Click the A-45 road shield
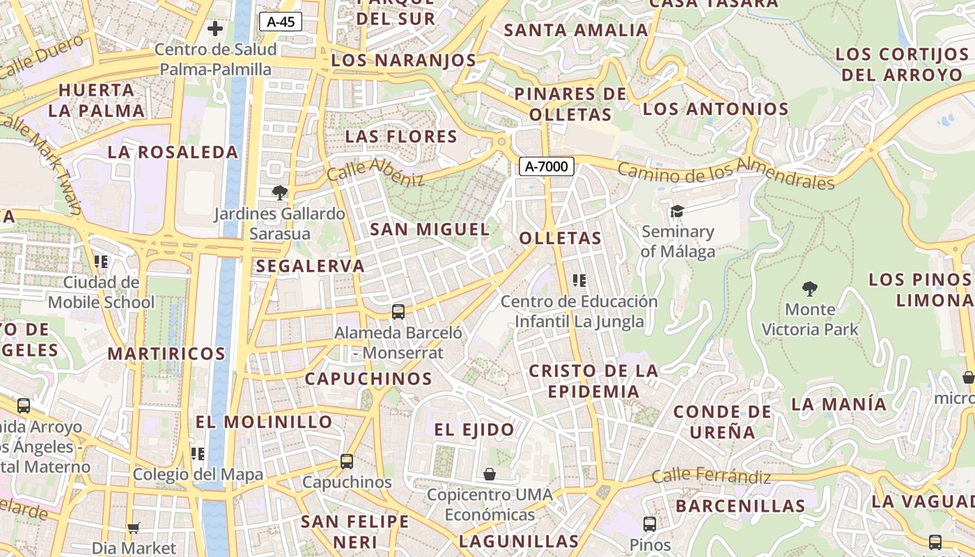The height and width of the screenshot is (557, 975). click(x=281, y=22)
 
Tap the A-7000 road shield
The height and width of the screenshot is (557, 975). click(x=547, y=166)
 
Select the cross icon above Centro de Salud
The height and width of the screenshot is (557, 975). click(x=215, y=29)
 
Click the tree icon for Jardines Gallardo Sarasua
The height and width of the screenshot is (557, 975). click(x=280, y=192)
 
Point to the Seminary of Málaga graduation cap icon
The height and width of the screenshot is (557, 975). click(x=676, y=211)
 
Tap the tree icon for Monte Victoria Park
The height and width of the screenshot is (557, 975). click(x=809, y=288)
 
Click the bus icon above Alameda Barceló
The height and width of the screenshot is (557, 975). click(x=398, y=311)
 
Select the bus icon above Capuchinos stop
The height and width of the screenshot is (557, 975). click(x=346, y=461)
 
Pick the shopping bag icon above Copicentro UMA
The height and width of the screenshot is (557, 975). click(x=490, y=474)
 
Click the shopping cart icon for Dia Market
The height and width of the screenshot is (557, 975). click(x=134, y=528)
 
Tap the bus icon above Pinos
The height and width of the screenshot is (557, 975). click(x=649, y=524)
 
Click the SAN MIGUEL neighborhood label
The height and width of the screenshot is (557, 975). click(x=430, y=229)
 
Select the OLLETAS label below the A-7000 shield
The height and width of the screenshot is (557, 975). click(x=560, y=238)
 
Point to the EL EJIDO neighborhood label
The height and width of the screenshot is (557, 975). click(x=474, y=430)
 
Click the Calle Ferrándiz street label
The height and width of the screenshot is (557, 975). click(x=711, y=477)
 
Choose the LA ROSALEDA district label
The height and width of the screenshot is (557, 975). click(x=173, y=152)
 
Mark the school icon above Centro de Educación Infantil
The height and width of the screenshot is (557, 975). click(x=579, y=281)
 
